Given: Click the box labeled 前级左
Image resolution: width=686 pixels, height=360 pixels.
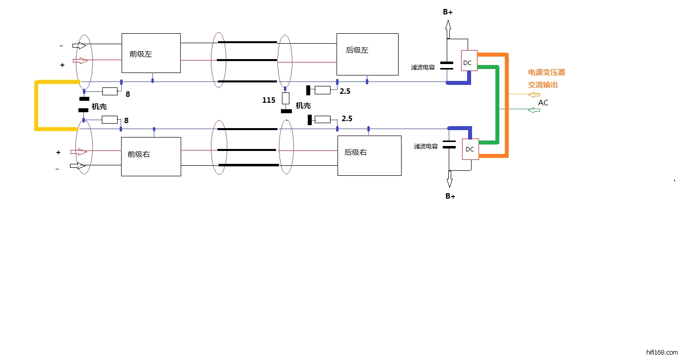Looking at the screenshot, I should pyautogui.click(x=151, y=54).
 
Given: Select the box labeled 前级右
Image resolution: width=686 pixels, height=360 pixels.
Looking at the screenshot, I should pyautogui.click(x=151, y=156).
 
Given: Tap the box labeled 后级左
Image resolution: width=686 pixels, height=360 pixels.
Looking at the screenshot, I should pyautogui.click(x=367, y=54).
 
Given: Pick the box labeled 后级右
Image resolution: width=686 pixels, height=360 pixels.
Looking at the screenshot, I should pyautogui.click(x=369, y=155).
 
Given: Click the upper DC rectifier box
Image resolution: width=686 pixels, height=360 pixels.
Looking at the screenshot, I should pyautogui.click(x=469, y=61).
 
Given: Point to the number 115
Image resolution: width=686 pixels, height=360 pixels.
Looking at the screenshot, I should pyautogui.click(x=269, y=100).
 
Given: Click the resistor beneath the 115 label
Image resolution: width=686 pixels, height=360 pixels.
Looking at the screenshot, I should pyautogui.click(x=285, y=98).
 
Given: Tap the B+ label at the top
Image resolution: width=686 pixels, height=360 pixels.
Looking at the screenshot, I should pyautogui.click(x=448, y=11).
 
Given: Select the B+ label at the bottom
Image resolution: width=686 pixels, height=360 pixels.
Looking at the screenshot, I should pyautogui.click(x=450, y=196).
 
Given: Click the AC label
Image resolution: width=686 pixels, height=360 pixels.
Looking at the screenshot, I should pyautogui.click(x=544, y=103).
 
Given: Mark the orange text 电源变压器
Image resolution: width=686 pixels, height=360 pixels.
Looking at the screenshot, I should pyautogui.click(x=547, y=72).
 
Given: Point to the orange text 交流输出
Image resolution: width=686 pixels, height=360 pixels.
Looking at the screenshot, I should pyautogui.click(x=543, y=85).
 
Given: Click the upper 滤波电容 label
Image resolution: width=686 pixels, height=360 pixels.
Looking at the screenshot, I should pyautogui.click(x=423, y=67).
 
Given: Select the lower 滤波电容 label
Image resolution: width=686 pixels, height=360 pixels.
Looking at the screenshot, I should pyautogui.click(x=426, y=146).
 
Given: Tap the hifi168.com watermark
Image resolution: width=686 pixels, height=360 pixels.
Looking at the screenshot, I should pyautogui.click(x=663, y=352).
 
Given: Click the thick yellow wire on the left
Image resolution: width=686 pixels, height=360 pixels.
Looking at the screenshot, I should pyautogui.click(x=36, y=105).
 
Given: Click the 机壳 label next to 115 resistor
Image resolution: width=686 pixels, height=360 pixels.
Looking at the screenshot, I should pyautogui.click(x=303, y=106).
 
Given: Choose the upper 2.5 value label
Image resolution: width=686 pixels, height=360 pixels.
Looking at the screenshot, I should pyautogui.click(x=345, y=91).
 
